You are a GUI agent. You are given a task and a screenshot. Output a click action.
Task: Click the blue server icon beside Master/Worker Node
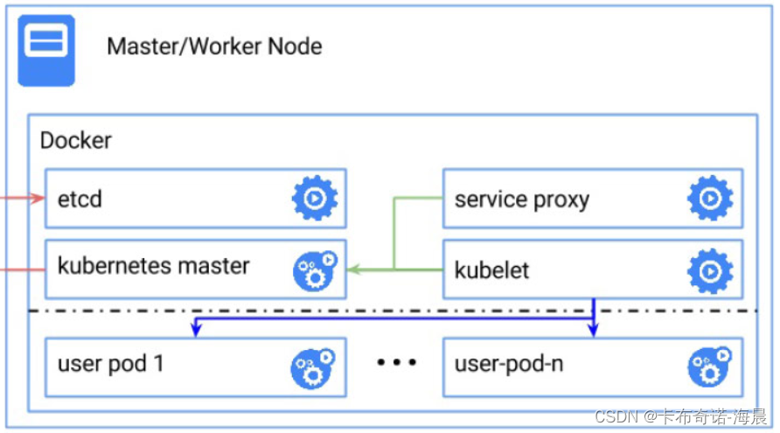pos(46,50)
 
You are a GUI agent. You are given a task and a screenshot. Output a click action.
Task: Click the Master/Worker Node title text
pos(214,46)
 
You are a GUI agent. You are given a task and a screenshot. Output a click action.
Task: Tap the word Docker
pos(76,140)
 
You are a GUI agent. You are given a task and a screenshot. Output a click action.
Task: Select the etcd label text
pos(80,199)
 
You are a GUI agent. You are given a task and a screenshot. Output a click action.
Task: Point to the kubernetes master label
pos(153,265)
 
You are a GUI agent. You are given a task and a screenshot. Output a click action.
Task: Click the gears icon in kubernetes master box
pos(314,270)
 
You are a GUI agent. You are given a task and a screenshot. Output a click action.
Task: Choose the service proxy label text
pos(521,199)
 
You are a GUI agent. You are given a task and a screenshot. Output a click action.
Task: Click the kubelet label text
pos(491,270)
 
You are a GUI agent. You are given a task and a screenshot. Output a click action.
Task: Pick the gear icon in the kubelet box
pos(709,271)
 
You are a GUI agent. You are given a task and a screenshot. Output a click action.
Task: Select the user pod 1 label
pos(110,363)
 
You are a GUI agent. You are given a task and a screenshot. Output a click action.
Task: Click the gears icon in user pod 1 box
pos(314,367)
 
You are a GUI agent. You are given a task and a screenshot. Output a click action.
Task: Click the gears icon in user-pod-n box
pos(709,367)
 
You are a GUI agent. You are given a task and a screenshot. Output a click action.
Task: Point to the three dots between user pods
pos(396,362)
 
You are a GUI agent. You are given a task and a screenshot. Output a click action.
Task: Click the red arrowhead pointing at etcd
pos(38,199)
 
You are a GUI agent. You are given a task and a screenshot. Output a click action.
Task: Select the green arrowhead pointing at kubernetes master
pos(352,269)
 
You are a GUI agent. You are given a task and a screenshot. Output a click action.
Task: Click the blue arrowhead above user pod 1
pos(197,331)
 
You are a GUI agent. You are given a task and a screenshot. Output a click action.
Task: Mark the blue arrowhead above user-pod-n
pos(594,331)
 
